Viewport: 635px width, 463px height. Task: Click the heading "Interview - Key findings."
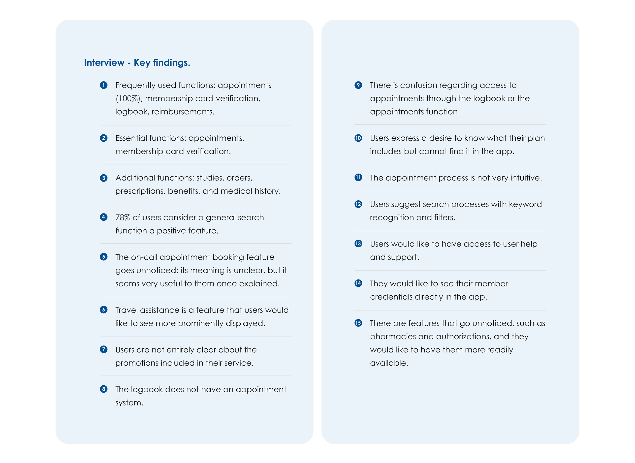(137, 62)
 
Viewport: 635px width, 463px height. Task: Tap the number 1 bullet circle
(103, 85)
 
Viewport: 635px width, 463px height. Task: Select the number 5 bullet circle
(103, 257)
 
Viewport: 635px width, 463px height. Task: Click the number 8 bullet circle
(103, 389)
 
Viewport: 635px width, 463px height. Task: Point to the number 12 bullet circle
(358, 204)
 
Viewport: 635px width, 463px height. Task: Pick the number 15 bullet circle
(358, 323)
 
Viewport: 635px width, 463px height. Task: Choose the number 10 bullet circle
(358, 138)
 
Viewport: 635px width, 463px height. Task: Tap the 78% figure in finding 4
(123, 217)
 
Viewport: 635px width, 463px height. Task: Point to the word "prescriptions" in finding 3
(140, 191)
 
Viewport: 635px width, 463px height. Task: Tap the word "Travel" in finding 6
(126, 310)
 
